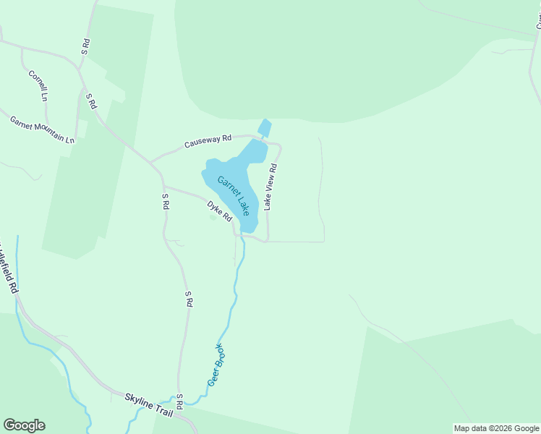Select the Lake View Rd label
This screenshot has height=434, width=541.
tap(270, 187)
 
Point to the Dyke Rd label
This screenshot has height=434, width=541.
tap(219, 210)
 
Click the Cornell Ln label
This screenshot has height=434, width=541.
tap(38, 85)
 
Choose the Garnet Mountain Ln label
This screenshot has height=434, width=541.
tap(42, 128)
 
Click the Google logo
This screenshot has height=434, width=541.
tap(24, 425)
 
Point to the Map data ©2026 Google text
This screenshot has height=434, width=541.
tap(496, 428)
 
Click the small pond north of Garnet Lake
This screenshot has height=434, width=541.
tap(265, 128)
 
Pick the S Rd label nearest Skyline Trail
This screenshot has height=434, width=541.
tap(179, 399)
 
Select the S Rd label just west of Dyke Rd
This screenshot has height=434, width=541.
tap(166, 201)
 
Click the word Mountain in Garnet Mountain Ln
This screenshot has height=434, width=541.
tap(51, 131)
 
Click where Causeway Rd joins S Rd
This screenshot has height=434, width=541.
tap(150, 161)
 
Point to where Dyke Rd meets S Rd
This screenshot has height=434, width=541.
tap(164, 186)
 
